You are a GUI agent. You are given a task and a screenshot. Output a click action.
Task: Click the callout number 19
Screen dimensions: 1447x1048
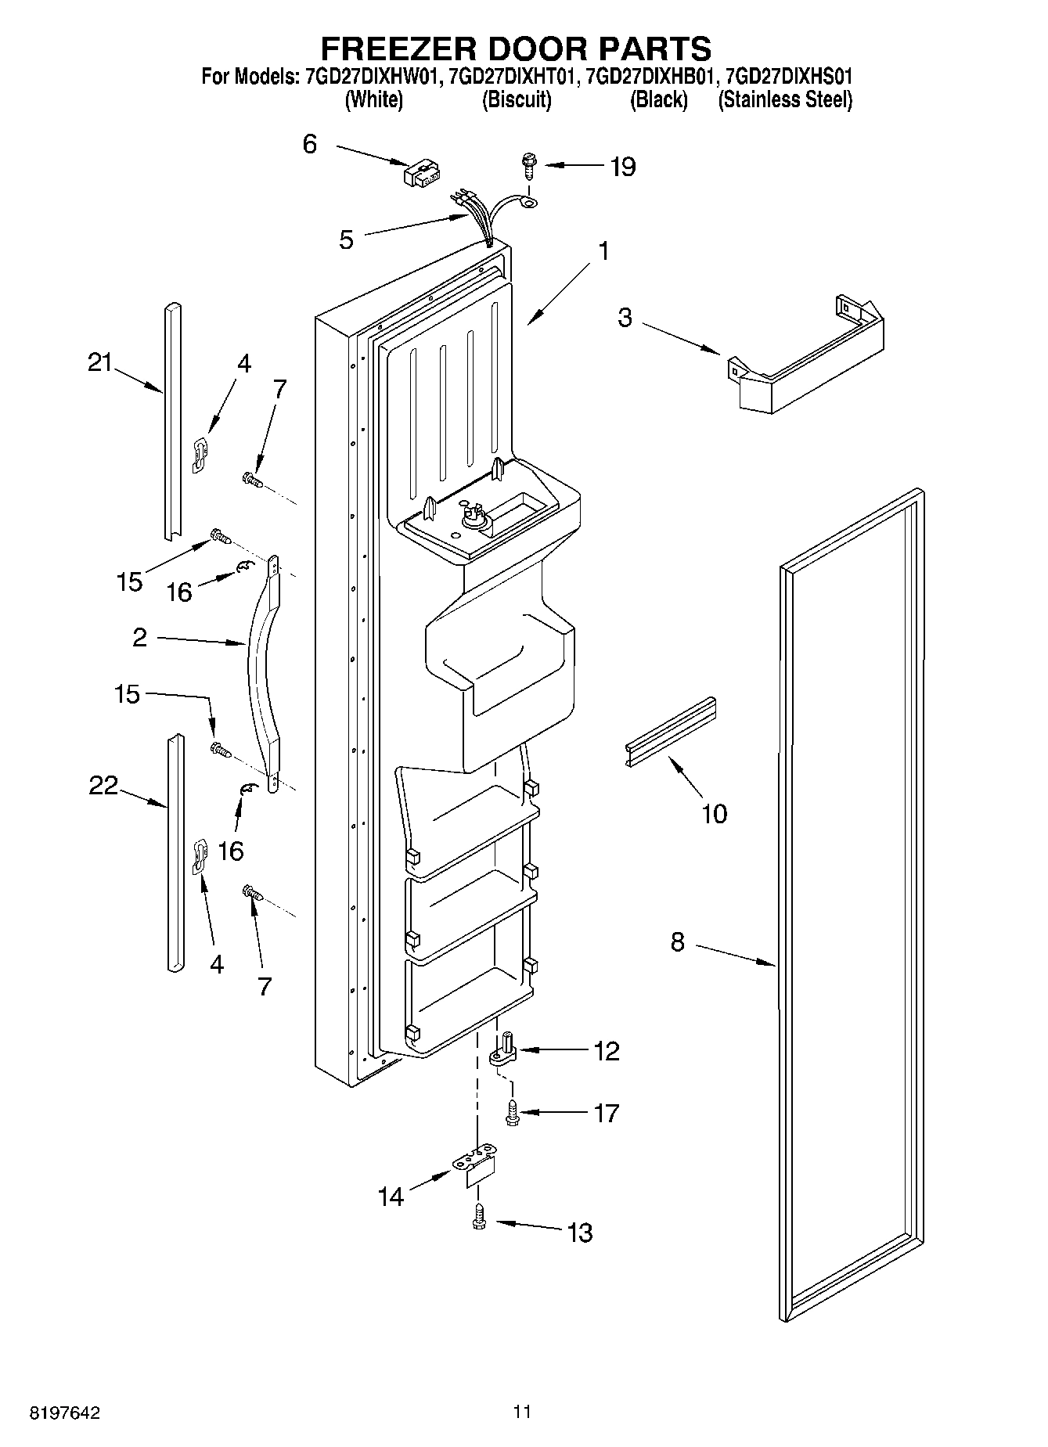coord(622,167)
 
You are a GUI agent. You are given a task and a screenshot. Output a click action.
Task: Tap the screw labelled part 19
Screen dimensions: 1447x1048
coord(528,165)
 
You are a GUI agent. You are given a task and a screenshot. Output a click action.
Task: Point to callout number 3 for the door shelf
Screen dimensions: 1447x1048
coord(624,318)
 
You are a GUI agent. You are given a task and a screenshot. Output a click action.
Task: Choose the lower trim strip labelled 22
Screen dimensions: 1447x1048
coord(175,853)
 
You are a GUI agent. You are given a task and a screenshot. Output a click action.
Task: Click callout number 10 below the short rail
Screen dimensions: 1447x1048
coord(715,814)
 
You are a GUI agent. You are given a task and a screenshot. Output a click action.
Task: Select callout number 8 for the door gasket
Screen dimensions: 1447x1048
coord(678,941)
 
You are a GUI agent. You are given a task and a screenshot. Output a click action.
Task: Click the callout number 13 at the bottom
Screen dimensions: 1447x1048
coord(580,1233)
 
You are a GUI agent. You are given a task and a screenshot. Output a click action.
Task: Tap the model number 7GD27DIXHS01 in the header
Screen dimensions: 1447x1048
coord(789,77)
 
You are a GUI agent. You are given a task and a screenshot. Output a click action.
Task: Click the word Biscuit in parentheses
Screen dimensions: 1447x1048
coord(516,100)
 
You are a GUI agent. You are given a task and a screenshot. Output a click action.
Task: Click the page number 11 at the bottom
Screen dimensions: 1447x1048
coord(522,1412)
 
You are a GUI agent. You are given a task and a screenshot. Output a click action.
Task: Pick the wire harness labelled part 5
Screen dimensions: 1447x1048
coord(481,219)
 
